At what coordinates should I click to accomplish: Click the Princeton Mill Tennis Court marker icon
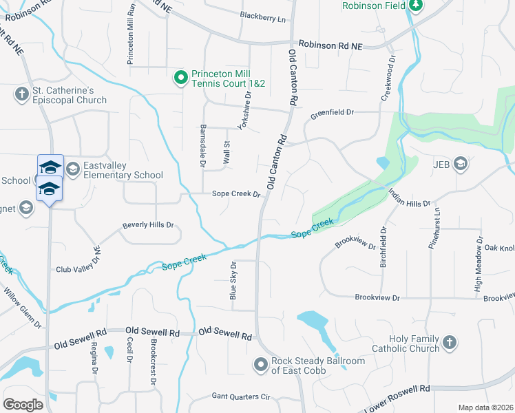[x=180, y=77]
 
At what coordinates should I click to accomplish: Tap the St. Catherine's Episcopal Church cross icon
[x=21, y=93]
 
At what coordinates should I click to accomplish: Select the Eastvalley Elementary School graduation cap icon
[x=72, y=169]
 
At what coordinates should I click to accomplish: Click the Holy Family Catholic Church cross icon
[x=449, y=342]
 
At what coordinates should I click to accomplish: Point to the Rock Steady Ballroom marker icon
[x=260, y=364]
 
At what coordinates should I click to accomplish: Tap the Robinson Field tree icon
[x=415, y=6]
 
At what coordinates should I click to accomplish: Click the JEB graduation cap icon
[x=460, y=164]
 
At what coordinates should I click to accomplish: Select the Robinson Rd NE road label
[x=330, y=45]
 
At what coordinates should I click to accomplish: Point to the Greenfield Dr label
[x=331, y=112]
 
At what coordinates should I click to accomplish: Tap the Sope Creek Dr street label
[x=236, y=194]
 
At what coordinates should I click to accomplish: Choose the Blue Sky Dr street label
[x=233, y=281]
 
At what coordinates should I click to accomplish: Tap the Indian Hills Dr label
[x=410, y=198]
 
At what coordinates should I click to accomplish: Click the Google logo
[x=23, y=405]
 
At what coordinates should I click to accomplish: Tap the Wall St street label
[x=226, y=152]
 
